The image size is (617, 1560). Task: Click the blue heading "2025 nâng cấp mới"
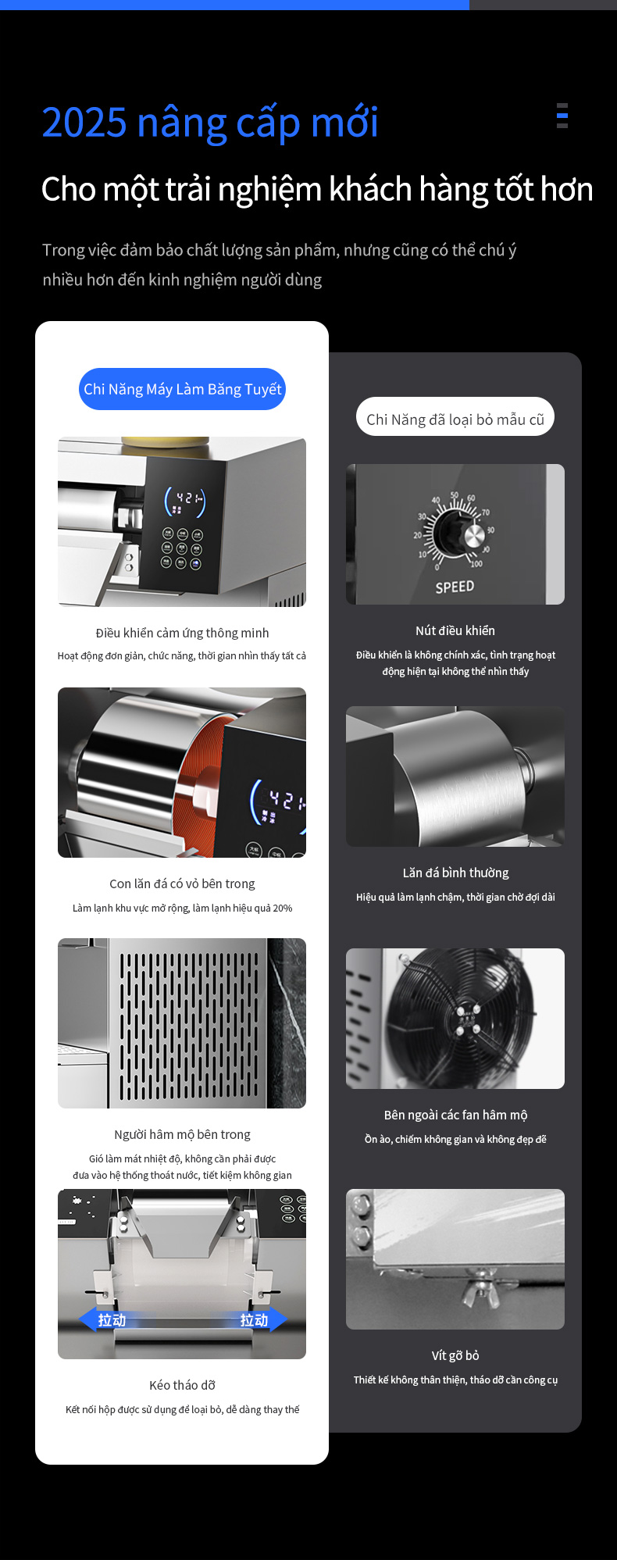[210, 123]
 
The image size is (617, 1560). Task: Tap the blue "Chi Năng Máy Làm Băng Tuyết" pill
[182, 389]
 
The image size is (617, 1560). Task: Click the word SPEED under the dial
[455, 587]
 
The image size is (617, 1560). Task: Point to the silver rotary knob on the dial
[473, 536]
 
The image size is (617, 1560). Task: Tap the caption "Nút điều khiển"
[455, 630]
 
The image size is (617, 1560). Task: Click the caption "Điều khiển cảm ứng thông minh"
[182, 633]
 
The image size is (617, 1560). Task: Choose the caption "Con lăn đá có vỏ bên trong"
[182, 884]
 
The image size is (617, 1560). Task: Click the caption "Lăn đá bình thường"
[455, 873]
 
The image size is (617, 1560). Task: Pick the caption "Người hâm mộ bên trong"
[182, 1134]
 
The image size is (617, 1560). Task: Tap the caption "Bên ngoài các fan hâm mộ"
[455, 1115]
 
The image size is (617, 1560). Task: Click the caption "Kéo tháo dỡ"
[182, 1385]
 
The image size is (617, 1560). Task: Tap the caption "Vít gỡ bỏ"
[455, 1355]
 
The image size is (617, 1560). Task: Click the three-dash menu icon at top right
[562, 115]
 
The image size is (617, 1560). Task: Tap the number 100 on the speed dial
[476, 563]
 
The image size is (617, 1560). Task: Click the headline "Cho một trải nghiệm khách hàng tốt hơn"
[317, 189]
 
